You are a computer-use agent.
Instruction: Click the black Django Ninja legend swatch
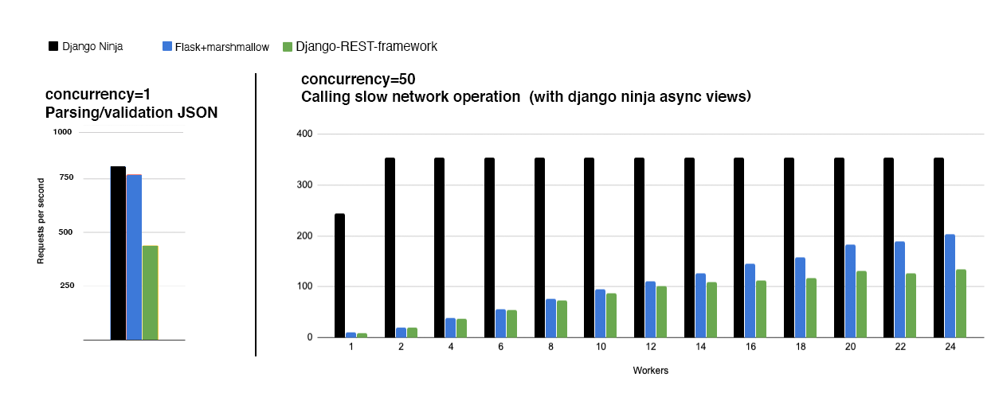[x=53, y=46]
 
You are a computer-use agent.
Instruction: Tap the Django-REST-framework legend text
[x=366, y=46]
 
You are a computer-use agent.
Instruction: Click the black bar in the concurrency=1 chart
[x=118, y=253]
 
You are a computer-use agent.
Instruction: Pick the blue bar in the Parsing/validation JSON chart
[x=134, y=257]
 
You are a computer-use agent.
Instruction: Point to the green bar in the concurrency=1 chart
[x=150, y=293]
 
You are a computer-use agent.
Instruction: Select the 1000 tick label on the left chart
[x=63, y=132]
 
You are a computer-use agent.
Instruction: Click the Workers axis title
[x=650, y=371]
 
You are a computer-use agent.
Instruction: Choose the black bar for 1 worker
[x=339, y=275]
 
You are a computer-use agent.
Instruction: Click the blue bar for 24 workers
[x=950, y=286]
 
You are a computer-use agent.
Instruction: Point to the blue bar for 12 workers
[x=650, y=309]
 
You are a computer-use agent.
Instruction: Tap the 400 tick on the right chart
[x=303, y=133]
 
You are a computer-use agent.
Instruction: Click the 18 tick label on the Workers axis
[x=800, y=348]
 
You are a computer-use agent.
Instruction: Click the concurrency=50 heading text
[x=358, y=80]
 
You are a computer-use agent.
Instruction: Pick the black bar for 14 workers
[x=689, y=247]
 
